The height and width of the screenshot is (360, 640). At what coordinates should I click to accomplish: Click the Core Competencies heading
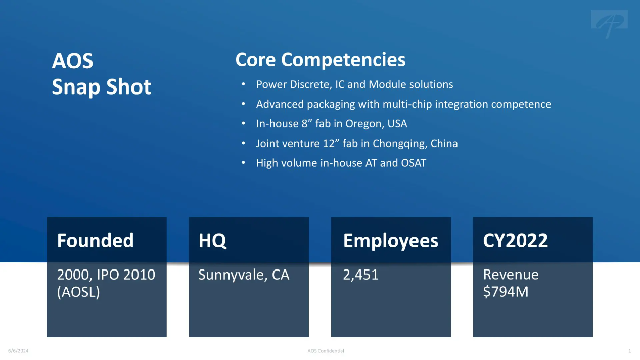click(321, 60)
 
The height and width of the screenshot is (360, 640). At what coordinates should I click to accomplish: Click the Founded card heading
click(95, 240)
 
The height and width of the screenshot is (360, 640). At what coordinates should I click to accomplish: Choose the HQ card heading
click(212, 241)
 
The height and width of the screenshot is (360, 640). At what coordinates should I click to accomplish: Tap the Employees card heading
click(391, 241)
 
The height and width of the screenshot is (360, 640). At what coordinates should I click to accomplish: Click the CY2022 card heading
click(516, 241)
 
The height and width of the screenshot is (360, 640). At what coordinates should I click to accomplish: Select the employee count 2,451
click(360, 275)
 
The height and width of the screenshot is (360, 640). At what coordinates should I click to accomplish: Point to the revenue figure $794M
click(506, 292)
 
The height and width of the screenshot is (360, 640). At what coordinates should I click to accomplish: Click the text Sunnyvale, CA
click(244, 275)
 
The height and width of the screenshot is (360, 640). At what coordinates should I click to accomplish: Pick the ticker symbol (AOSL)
click(78, 292)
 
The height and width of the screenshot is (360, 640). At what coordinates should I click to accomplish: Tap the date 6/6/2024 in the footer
click(18, 351)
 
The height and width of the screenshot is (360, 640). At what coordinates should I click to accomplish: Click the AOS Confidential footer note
click(326, 351)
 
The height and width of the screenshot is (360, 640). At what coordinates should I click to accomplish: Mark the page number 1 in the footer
click(630, 351)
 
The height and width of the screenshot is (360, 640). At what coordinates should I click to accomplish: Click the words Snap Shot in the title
click(102, 87)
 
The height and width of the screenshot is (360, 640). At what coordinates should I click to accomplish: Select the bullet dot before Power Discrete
click(243, 84)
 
